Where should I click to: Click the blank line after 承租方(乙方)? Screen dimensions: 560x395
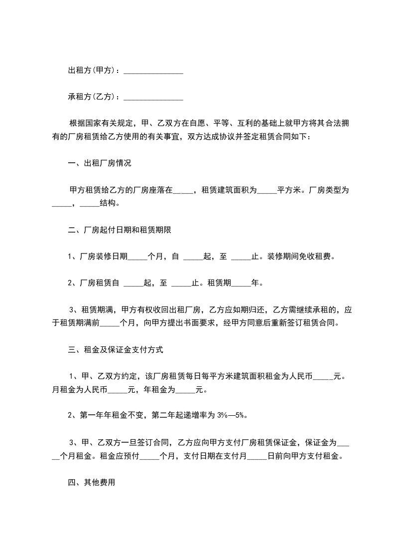click(153, 97)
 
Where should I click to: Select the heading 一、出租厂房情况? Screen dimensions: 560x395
click(100, 164)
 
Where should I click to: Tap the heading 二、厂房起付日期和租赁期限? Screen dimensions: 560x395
click(120, 231)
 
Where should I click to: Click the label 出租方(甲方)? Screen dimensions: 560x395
click(92, 71)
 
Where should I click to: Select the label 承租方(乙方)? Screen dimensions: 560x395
click(92, 96)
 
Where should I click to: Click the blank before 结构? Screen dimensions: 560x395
click(90, 204)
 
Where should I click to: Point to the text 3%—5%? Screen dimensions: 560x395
click(233, 415)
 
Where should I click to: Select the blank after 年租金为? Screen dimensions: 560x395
click(186, 391)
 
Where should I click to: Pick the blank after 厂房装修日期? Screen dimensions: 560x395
click(138, 258)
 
